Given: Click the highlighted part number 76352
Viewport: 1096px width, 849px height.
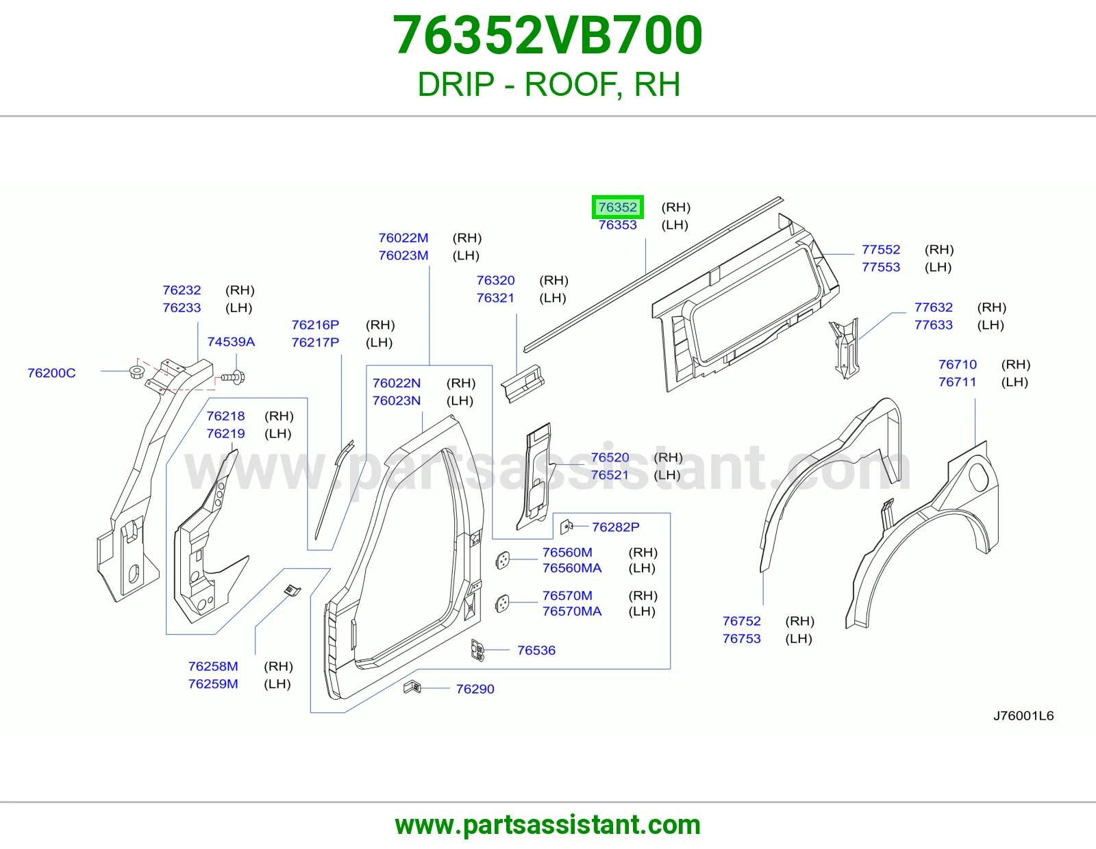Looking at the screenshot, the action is coord(617,207).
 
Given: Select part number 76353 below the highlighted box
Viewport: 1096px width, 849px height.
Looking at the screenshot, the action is coord(617,225).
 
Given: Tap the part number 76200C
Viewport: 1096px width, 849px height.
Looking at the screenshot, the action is coord(51,373).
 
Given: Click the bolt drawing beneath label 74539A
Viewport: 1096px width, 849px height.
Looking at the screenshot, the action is coord(234,377).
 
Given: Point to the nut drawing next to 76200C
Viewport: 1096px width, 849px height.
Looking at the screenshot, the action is coord(137,372).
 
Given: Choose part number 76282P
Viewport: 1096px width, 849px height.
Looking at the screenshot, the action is coord(615,527).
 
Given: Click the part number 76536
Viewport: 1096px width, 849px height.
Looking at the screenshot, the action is coord(536,650).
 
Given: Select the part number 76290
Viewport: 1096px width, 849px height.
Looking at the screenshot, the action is coord(475,689).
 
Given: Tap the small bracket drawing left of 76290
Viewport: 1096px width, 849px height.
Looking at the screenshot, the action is coord(412,687).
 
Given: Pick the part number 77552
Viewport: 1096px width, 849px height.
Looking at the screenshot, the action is coord(881,249).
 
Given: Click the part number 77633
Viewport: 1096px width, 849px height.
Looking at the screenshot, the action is coord(934,325).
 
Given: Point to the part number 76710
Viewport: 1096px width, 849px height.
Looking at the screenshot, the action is coord(958,364).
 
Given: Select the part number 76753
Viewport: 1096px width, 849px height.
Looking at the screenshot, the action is coord(741,639).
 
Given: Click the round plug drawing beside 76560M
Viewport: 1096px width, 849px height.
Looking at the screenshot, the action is coord(502,560).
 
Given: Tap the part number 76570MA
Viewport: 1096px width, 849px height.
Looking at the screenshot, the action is coord(572,611).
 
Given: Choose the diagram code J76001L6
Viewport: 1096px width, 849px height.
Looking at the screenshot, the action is coord(1023,716).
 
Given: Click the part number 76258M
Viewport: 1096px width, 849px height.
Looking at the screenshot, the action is coord(213,666).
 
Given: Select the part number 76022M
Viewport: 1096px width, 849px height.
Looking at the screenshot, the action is coord(403,238).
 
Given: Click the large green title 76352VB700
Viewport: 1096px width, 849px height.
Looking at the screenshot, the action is coord(548,35).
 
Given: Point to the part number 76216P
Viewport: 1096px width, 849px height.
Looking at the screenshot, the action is coord(315,325).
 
